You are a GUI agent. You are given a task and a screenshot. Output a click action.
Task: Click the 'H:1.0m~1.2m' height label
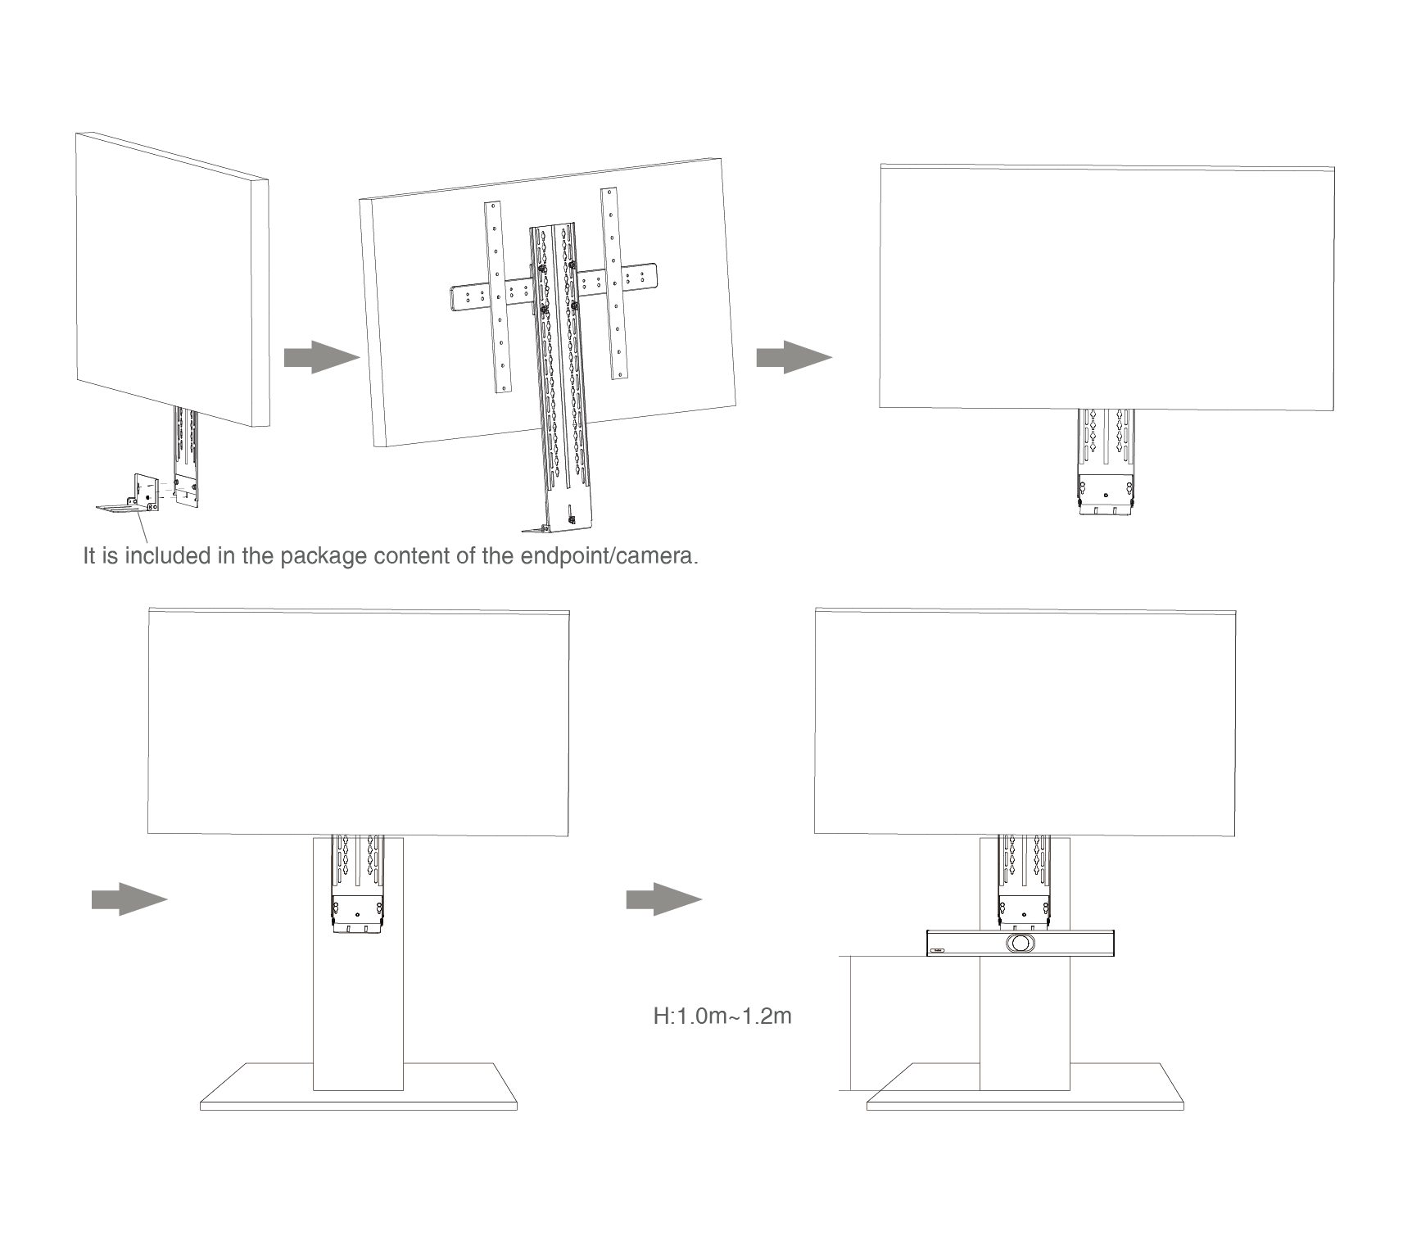[722, 1016]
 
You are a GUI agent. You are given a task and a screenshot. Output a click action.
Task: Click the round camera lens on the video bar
[1020, 943]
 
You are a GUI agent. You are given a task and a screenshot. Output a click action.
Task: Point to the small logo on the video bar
[938, 951]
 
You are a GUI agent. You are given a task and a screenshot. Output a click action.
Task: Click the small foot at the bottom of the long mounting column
[536, 527]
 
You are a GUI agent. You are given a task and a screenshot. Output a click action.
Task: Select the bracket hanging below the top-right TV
[1106, 463]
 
